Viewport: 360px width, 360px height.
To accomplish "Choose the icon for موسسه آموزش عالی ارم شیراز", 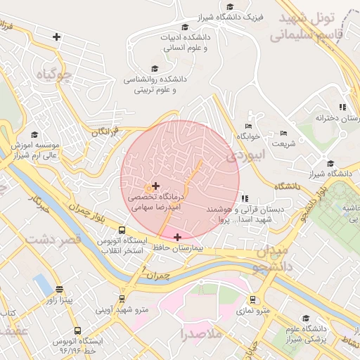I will click(x=35, y=134).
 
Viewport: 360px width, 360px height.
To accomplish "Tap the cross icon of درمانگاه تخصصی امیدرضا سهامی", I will click(x=155, y=185).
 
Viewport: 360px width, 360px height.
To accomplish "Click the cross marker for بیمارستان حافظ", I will click(x=177, y=237).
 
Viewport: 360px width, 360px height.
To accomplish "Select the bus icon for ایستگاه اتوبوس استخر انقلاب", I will click(x=122, y=230).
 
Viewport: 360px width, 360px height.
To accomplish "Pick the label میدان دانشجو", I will click(x=272, y=259).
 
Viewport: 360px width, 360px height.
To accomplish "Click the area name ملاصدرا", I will click(x=201, y=333).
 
